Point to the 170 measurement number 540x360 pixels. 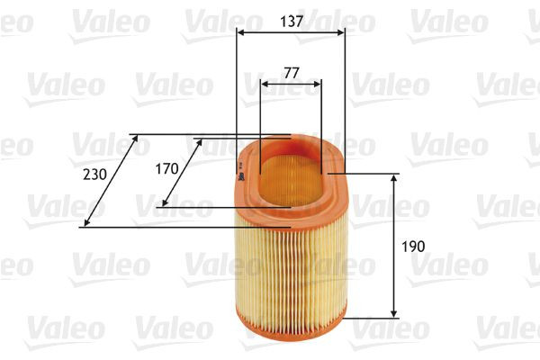[x=166, y=167]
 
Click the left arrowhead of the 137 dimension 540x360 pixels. [x=241, y=32]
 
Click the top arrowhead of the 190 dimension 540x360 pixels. [x=394, y=178]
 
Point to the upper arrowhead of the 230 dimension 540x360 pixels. [x=134, y=139]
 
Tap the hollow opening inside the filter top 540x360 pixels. [x=290, y=171]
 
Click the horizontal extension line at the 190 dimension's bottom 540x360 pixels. [x=371, y=317]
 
